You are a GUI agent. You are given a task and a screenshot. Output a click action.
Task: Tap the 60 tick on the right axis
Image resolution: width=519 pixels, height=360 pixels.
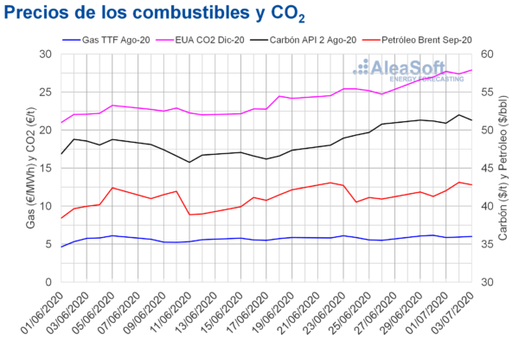tap(488, 54)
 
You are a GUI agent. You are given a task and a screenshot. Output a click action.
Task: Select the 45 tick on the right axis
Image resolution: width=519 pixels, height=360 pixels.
tap(488, 168)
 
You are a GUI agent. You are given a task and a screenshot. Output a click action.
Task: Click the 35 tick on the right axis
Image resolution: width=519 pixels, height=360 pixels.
tap(488, 244)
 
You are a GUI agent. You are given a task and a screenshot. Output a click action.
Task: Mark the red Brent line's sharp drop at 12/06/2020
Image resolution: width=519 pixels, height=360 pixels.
tap(189, 214)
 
